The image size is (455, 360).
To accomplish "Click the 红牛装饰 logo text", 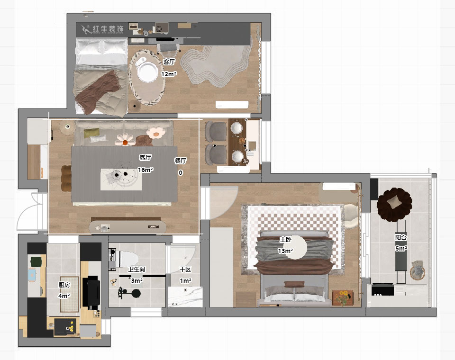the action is pyautogui.click(x=108, y=29).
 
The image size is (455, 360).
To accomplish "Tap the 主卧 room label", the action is pyautogui.click(x=285, y=240).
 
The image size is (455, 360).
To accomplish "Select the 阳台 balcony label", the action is pyautogui.click(x=401, y=238).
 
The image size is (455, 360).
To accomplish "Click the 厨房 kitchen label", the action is pyautogui.click(x=64, y=285).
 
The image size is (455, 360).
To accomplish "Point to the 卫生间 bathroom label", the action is pyautogui.click(x=136, y=269).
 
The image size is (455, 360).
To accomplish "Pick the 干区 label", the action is pyautogui.click(x=185, y=269).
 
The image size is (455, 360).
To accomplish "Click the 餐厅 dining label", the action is pyautogui.click(x=180, y=161).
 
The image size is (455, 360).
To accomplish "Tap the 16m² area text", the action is pyautogui.click(x=145, y=170).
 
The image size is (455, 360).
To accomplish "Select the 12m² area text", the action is pyautogui.click(x=169, y=74).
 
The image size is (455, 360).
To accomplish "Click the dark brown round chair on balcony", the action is pyautogui.click(x=394, y=204).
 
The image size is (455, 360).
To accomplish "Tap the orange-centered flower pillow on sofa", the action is pyautogui.click(x=125, y=140).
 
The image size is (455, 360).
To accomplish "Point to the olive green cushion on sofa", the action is pyautogui.click(x=91, y=133).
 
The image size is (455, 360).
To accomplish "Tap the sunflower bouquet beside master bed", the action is pyautogui.click(x=343, y=298).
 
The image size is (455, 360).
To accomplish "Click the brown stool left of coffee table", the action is pyautogui.click(x=66, y=178).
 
